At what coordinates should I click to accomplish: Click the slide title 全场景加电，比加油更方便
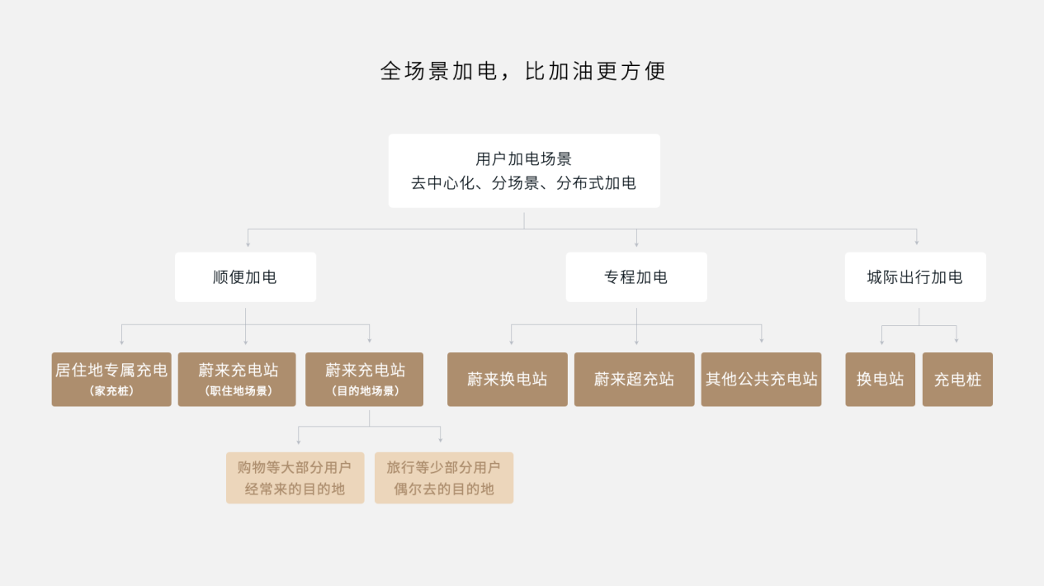(x=523, y=71)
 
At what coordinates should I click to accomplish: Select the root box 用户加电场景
(x=524, y=171)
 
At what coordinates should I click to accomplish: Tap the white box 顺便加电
(x=246, y=277)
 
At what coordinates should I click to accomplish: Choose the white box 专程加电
(x=636, y=277)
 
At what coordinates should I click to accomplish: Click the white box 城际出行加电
(x=915, y=277)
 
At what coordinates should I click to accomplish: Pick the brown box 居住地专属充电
(x=111, y=380)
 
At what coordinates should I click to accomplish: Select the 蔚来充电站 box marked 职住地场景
(x=237, y=380)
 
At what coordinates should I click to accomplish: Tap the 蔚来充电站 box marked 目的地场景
(x=365, y=380)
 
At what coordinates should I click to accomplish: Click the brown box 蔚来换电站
(x=508, y=380)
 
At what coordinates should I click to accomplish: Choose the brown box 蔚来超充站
(x=635, y=380)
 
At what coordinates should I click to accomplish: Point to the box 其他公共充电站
(x=761, y=380)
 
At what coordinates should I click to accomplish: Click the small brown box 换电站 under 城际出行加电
(x=881, y=380)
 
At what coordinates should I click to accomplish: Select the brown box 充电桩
(x=958, y=380)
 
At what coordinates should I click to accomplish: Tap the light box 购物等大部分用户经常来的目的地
(x=295, y=478)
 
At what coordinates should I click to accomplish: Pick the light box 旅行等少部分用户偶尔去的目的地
(x=444, y=478)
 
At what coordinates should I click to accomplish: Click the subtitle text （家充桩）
(x=111, y=390)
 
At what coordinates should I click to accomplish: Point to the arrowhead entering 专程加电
(x=636, y=244)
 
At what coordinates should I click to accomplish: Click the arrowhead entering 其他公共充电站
(x=762, y=341)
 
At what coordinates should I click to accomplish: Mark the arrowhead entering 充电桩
(x=957, y=341)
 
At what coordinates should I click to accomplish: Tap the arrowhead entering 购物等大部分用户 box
(x=299, y=442)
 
